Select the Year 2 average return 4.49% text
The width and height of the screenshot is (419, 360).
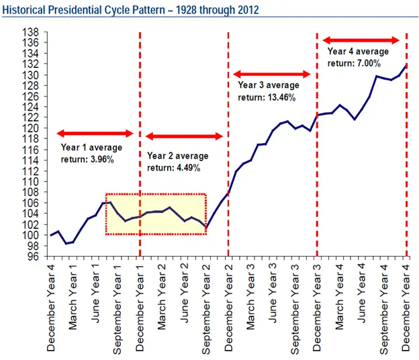(x=177, y=162)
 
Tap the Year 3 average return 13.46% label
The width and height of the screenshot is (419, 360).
(x=268, y=91)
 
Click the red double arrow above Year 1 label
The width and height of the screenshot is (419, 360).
(x=95, y=134)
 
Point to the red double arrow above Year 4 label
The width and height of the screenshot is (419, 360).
(x=361, y=40)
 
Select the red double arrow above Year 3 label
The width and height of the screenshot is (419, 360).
(x=271, y=74)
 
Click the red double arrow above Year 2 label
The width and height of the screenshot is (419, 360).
(x=184, y=136)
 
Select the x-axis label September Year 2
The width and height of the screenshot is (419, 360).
(x=206, y=309)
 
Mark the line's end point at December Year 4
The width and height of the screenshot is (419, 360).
(x=406, y=65)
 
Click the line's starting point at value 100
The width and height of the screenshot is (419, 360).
(x=51, y=235)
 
